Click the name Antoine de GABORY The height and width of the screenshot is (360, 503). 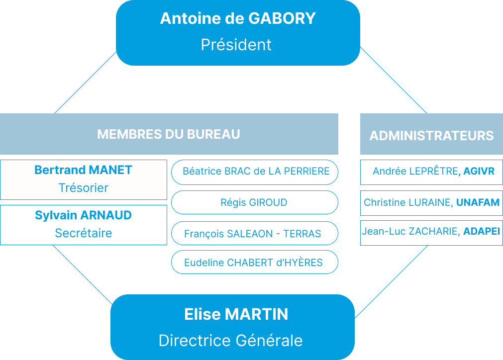238,19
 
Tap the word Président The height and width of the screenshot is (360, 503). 236,45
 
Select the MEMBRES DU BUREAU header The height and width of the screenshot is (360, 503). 169,134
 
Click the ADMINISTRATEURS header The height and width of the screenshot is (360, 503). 431,136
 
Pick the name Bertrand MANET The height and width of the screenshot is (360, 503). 83,170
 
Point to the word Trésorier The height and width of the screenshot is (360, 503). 83,188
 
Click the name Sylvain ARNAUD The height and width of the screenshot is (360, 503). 83,215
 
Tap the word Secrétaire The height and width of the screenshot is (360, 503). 83,233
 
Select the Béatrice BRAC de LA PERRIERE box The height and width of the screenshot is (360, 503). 255,172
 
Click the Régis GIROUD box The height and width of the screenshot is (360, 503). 254,203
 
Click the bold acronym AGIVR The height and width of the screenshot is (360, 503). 479,172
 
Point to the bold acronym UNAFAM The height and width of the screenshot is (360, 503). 478,202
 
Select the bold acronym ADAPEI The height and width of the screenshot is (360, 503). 482,231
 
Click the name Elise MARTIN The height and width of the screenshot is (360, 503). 236,314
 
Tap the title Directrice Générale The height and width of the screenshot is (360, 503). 230,341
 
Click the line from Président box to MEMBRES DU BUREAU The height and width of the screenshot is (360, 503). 85,83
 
